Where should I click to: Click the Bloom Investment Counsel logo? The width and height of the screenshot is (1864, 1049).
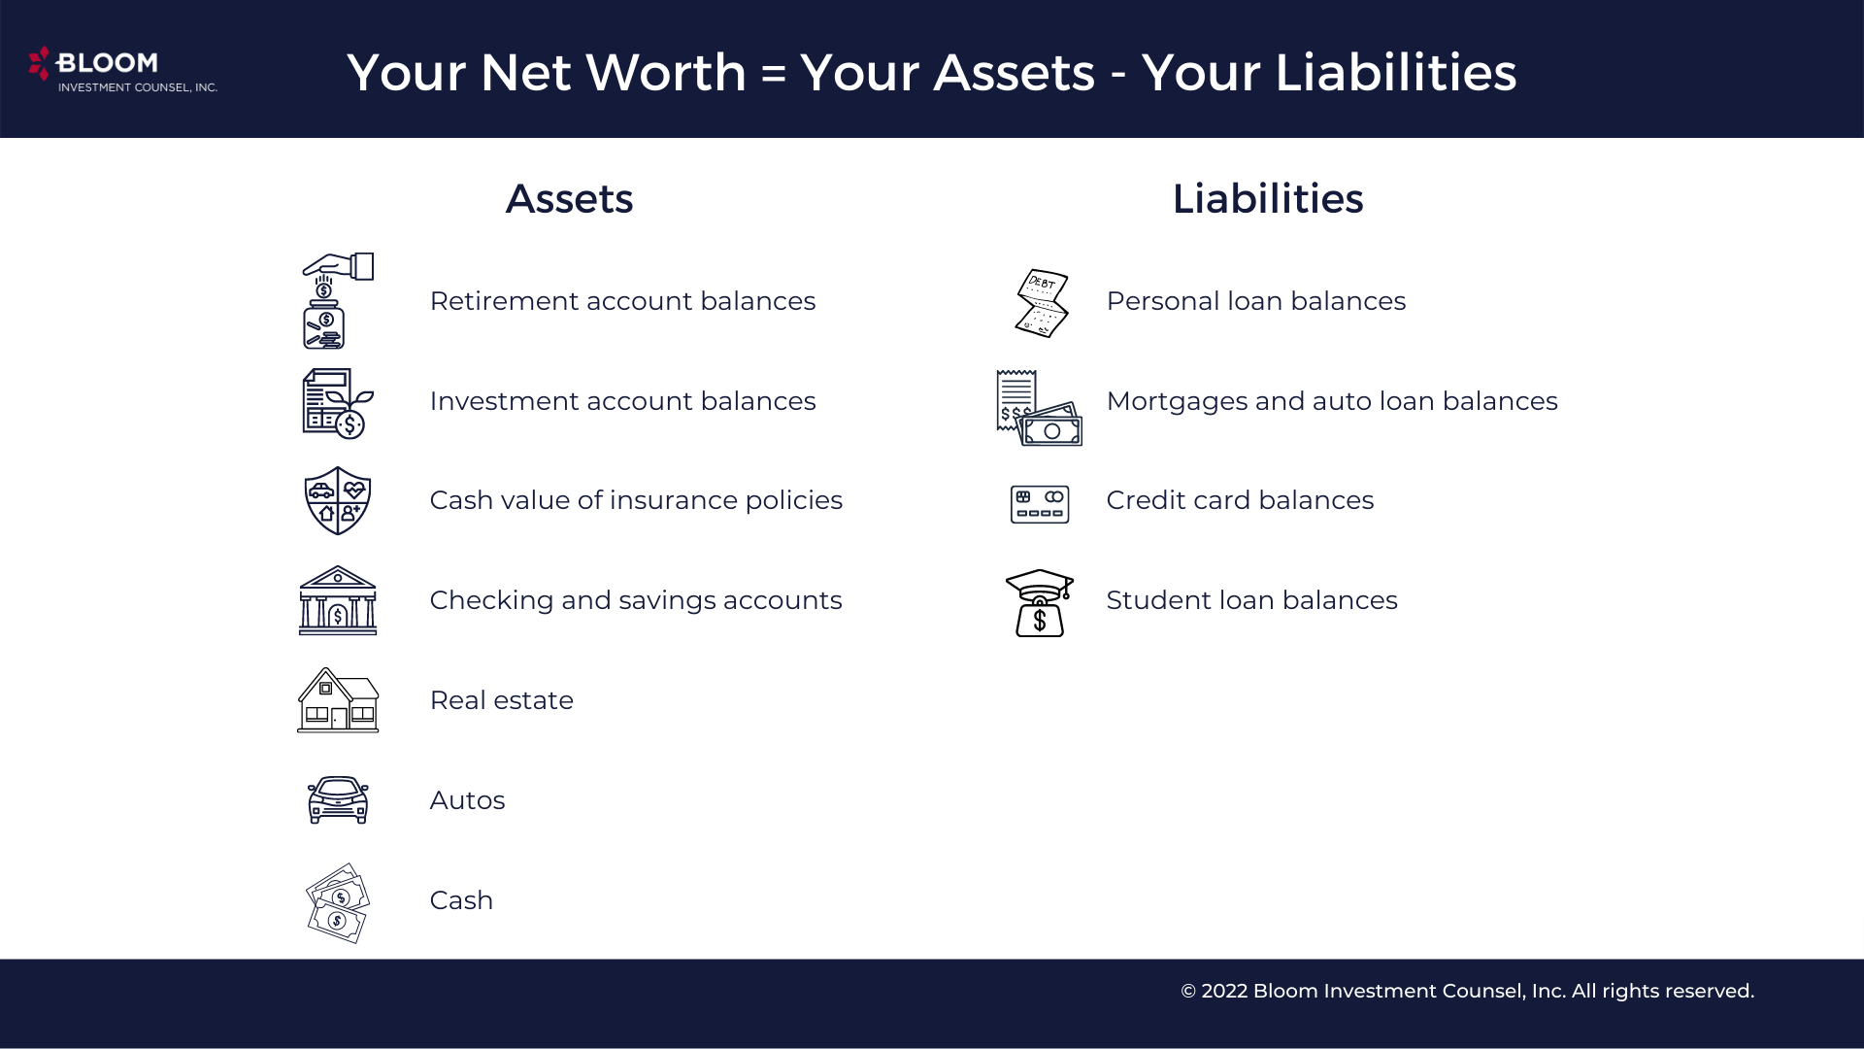(x=122, y=69)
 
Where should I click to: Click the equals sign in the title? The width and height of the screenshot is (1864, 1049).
(x=774, y=74)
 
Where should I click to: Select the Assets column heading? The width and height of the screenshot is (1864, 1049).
(x=569, y=199)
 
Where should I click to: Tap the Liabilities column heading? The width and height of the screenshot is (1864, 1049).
(x=1267, y=199)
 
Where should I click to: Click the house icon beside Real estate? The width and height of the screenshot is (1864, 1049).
(x=338, y=700)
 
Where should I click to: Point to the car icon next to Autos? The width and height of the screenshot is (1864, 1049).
(x=338, y=800)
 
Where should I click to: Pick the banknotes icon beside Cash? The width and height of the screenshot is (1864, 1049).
(x=338, y=902)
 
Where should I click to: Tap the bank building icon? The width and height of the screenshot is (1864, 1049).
(x=338, y=601)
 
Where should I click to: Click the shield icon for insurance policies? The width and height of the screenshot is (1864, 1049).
(x=338, y=500)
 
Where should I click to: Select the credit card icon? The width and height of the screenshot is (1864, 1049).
(x=1040, y=504)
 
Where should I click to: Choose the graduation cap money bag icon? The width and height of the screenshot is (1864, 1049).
(x=1040, y=603)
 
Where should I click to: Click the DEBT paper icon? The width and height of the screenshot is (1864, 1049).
(x=1041, y=303)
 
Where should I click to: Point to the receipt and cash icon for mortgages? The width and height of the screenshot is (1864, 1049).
(x=1039, y=408)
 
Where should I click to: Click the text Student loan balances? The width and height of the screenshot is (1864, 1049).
(x=1251, y=600)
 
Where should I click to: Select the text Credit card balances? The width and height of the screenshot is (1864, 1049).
(x=1240, y=500)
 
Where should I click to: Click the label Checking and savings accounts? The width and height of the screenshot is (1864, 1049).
(x=636, y=600)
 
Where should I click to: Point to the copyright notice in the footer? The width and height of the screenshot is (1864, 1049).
(x=1467, y=991)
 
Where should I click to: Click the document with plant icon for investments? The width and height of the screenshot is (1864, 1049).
(x=337, y=403)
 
